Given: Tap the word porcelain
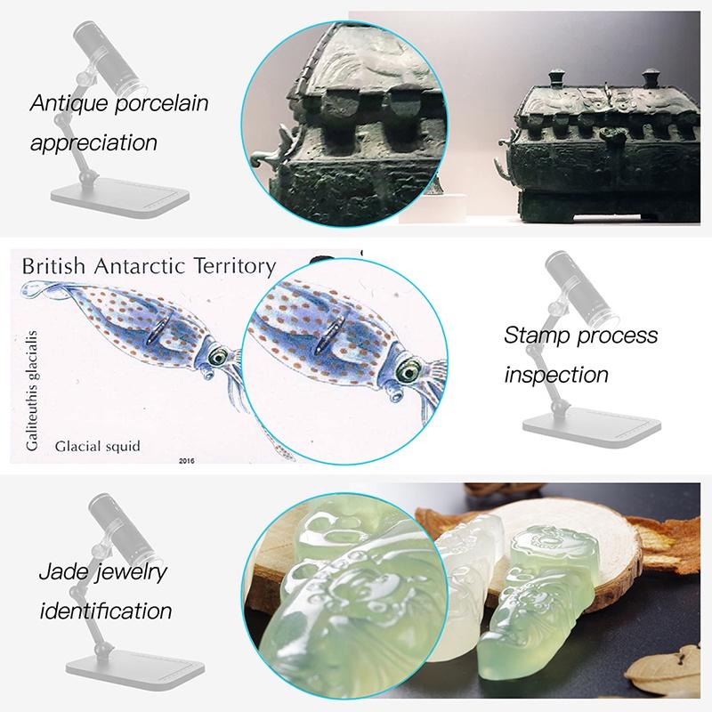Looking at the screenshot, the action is click(x=162, y=103).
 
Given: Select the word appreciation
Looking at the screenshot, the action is click(x=93, y=143).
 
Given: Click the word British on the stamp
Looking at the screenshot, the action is click(x=53, y=266).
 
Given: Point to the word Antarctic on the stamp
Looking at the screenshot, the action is click(x=140, y=266).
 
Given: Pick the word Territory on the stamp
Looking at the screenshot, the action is click(x=235, y=267).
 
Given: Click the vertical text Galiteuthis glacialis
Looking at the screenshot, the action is click(x=32, y=391).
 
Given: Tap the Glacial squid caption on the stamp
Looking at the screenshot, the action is click(x=97, y=447).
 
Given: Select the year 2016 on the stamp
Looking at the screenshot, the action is click(x=187, y=461).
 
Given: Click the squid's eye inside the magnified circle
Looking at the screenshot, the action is click(x=409, y=371).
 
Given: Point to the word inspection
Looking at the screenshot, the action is click(x=556, y=375).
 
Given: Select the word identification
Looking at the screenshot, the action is click(x=106, y=611).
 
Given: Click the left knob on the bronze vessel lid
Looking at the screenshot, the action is click(x=556, y=77).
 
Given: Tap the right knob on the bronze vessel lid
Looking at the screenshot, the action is click(x=651, y=77).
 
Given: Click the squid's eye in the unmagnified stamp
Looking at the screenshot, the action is click(x=217, y=357).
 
